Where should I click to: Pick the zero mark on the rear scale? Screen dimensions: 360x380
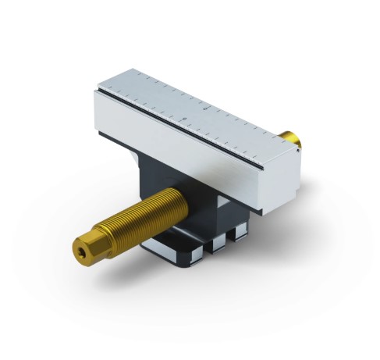pos(204,109)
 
